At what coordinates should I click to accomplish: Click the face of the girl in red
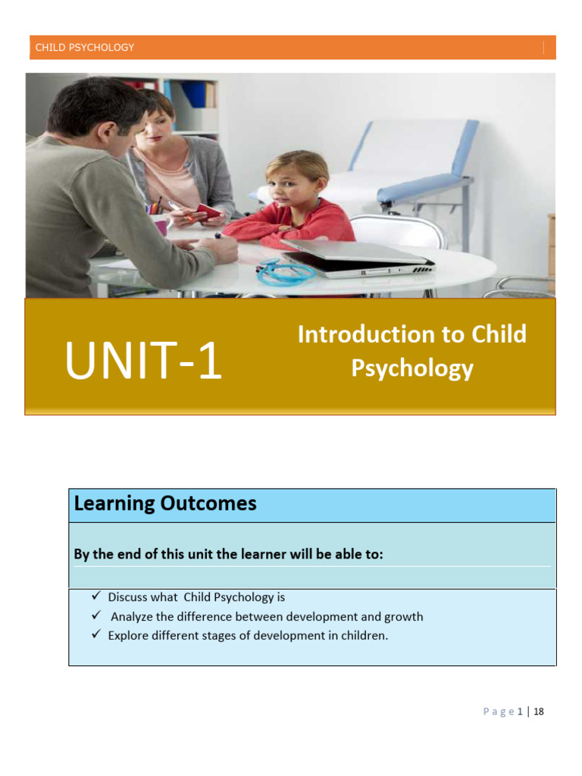click(293, 181)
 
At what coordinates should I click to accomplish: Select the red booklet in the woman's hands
click(208, 211)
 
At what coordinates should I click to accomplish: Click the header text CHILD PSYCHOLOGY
click(85, 48)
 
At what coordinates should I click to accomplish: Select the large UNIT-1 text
click(143, 361)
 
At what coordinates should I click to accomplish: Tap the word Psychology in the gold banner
click(412, 368)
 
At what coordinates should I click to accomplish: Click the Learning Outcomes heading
click(165, 504)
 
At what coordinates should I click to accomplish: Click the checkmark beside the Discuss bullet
click(96, 596)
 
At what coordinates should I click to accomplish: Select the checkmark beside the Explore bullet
click(96, 635)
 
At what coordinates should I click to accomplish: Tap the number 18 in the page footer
click(539, 712)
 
